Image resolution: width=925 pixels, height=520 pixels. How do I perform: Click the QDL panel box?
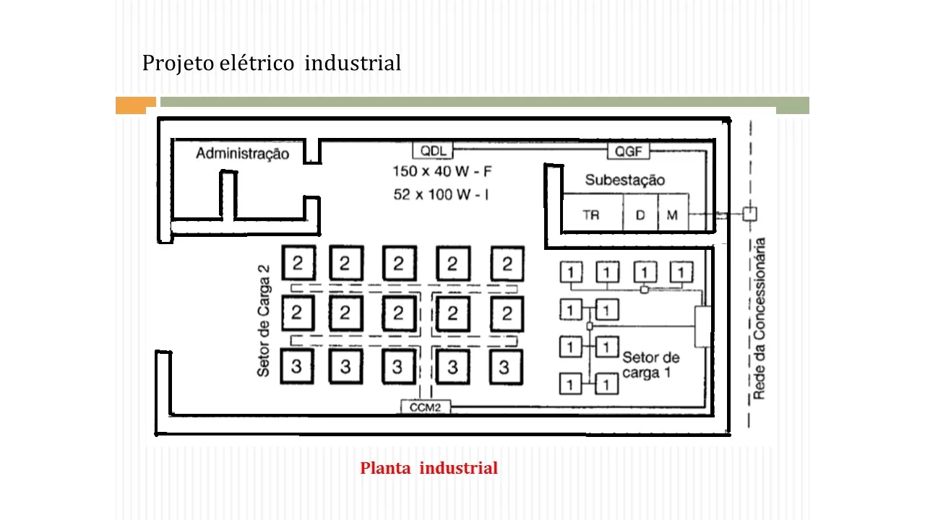pos(433,151)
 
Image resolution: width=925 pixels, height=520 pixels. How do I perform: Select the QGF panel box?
pos(629,151)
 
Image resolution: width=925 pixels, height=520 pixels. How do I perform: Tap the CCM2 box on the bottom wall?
pos(426,407)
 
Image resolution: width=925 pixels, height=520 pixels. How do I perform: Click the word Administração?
pos(242,154)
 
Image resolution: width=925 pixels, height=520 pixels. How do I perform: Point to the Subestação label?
pos(625,180)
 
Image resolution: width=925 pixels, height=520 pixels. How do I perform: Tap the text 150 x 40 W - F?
pos(442,171)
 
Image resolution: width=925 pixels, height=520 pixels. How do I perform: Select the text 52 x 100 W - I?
pos(441,194)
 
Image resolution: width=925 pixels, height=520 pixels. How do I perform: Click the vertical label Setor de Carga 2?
pos(264,321)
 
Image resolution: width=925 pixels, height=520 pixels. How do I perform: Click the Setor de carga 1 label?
pos(650,365)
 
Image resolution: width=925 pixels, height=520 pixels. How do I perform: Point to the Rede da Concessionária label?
pos(759,318)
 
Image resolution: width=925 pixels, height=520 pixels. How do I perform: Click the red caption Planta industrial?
pos(429,468)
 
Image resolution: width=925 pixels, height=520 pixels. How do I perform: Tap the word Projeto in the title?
pos(178,63)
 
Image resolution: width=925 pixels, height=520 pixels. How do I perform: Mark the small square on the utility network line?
pos(750,214)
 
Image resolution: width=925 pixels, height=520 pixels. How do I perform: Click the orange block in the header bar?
pos(135,105)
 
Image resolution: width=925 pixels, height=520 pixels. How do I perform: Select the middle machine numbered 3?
pos(398,366)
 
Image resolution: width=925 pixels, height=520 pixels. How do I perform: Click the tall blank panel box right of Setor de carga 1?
pos(703,326)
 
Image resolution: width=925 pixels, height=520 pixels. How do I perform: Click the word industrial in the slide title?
pos(353,63)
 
